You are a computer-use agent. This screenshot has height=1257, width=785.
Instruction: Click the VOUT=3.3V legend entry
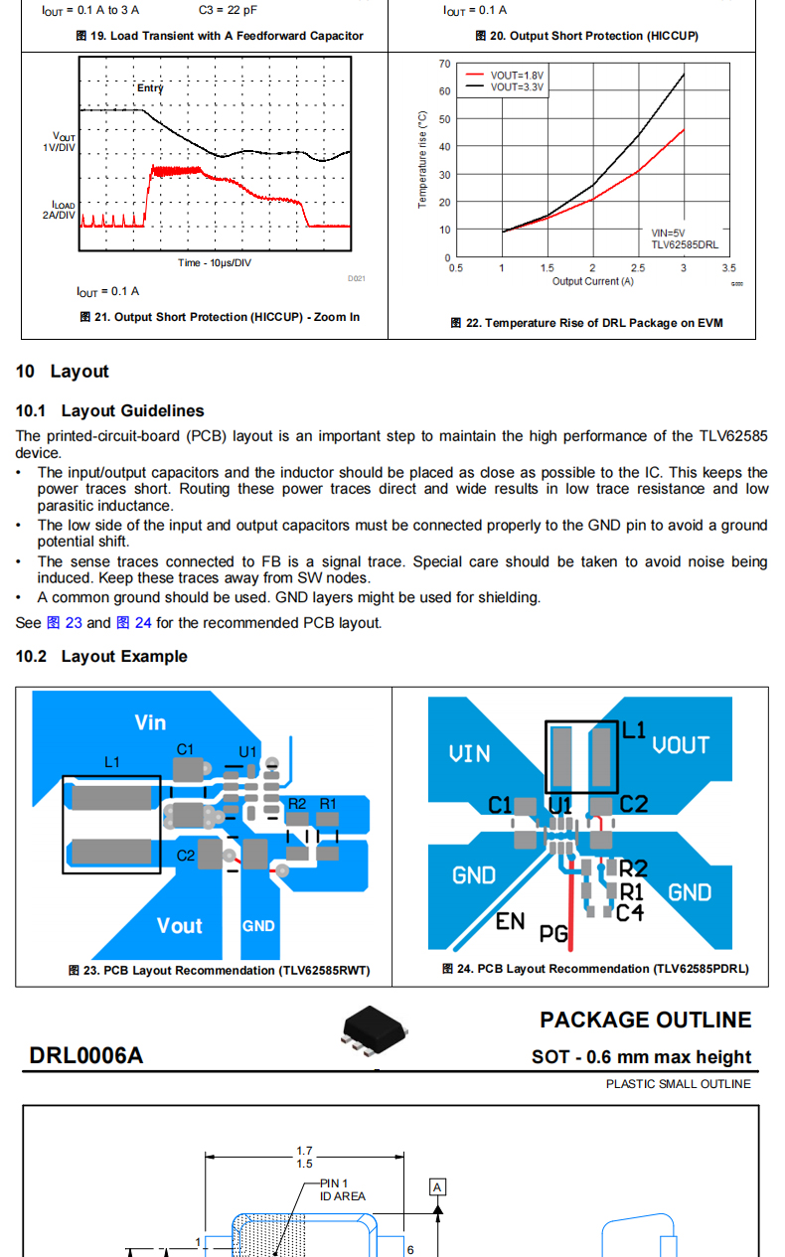point(517,86)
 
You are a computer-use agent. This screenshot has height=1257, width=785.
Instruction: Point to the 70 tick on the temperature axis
point(444,64)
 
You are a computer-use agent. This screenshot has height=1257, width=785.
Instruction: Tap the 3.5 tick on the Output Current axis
point(728,268)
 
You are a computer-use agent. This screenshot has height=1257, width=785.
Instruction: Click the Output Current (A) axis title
point(592,281)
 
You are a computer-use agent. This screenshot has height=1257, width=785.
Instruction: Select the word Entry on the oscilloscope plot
point(150,88)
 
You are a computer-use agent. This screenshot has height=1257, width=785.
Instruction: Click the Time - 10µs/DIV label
point(215,262)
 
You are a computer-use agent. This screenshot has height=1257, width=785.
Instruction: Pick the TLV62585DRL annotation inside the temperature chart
point(684,243)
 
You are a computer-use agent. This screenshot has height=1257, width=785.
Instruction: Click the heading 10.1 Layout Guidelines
point(109,410)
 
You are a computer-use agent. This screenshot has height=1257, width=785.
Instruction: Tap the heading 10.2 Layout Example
point(101,656)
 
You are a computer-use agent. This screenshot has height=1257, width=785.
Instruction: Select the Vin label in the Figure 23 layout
point(150,722)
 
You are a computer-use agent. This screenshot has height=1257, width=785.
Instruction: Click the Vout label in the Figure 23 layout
point(179,925)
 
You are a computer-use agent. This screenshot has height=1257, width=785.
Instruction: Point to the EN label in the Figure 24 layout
point(510,921)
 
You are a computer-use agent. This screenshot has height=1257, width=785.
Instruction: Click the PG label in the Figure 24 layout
point(553,934)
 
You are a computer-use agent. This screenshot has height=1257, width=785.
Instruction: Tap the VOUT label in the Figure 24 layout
point(681,745)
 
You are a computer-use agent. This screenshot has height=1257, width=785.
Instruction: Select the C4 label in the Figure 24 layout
point(630,911)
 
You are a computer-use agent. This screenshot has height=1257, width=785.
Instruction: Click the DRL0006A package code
point(85,1055)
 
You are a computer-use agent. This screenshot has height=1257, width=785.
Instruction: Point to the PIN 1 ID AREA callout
point(342,1189)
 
